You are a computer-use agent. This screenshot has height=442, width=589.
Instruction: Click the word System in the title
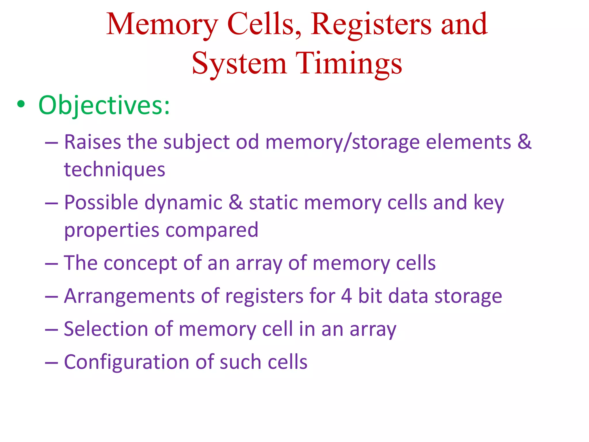click(x=239, y=64)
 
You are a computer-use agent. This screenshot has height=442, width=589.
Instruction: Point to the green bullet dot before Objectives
click(x=21, y=104)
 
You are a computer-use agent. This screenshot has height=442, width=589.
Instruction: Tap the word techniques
click(x=114, y=170)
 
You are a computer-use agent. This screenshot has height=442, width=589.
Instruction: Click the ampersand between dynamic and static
click(x=236, y=202)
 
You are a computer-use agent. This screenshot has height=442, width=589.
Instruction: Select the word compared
click(x=212, y=230)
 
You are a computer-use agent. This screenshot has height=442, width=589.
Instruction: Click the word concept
click(x=140, y=263)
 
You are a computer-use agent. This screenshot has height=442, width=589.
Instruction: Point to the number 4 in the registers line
click(x=346, y=296)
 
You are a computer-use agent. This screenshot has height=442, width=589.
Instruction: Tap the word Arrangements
click(x=129, y=296)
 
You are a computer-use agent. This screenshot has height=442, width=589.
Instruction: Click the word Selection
click(x=106, y=329)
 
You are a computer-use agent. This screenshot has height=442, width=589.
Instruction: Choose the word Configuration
click(x=126, y=362)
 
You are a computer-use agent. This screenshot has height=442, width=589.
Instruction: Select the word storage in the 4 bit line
click(x=468, y=297)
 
